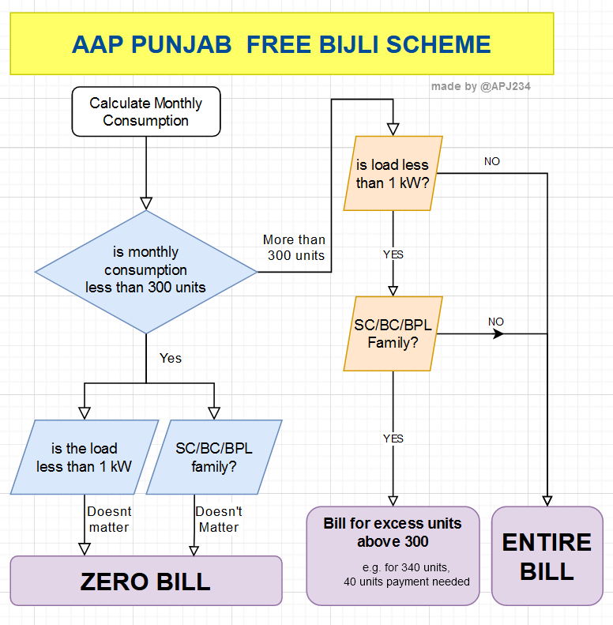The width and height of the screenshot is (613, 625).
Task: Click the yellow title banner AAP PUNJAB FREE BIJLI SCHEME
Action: click(x=281, y=43)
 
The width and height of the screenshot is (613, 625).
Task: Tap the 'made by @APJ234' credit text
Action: click(x=480, y=86)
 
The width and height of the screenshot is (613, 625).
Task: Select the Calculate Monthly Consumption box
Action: click(x=146, y=111)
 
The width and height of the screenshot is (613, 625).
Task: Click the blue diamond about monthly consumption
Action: click(x=146, y=270)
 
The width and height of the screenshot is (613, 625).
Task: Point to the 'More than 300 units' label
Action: click(x=294, y=247)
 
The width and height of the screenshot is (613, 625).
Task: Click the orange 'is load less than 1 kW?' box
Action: click(x=393, y=174)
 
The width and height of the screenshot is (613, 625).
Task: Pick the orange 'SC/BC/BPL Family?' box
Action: click(x=393, y=333)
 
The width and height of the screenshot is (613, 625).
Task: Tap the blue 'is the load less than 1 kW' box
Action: click(x=84, y=457)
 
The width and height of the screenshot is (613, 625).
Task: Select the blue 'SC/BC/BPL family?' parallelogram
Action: click(x=214, y=457)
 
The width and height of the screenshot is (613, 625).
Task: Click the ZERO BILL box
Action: click(x=145, y=582)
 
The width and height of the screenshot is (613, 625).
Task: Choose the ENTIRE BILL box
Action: click(x=547, y=556)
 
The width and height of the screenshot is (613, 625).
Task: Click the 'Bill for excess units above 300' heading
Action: click(x=393, y=532)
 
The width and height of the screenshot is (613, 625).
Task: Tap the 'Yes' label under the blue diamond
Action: click(x=171, y=358)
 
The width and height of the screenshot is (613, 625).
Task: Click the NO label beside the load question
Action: click(x=491, y=161)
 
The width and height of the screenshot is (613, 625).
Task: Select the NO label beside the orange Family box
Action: click(x=495, y=322)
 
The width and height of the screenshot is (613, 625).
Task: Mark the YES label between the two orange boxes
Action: click(x=393, y=254)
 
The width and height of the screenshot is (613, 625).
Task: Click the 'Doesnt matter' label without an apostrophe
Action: click(x=108, y=519)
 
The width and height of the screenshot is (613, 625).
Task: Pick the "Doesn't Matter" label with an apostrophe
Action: click(x=219, y=519)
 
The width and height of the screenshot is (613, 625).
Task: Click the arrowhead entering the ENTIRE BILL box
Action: click(x=547, y=501)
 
